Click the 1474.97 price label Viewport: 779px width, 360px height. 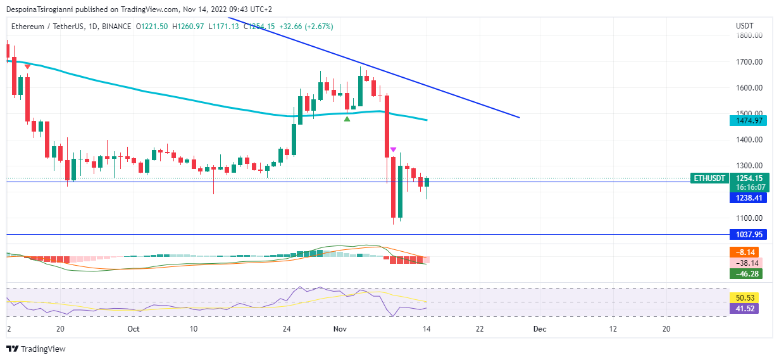748,120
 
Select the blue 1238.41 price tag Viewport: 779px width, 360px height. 748,198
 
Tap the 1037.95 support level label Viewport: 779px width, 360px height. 748,235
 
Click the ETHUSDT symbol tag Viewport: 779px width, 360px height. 709,178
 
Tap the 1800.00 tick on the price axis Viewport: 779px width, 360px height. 749,36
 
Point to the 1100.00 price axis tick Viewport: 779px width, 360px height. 749,218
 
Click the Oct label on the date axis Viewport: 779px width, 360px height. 133,329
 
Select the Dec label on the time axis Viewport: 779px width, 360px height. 539,329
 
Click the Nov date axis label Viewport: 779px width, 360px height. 340,329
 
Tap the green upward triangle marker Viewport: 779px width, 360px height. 347,119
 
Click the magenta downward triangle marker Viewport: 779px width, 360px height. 393,150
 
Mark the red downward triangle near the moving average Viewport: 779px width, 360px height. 27,66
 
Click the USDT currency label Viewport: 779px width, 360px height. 745,26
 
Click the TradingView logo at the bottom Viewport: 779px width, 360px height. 36,349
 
